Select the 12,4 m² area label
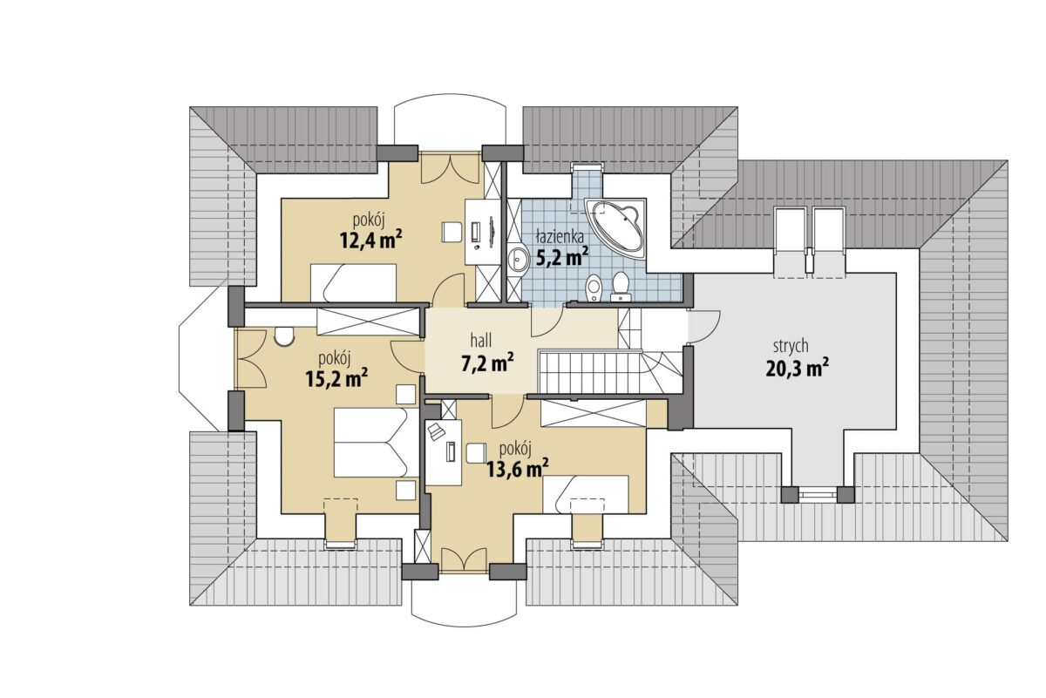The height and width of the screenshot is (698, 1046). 371,240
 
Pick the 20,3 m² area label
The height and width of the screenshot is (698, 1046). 798,369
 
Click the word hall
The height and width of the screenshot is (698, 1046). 481,341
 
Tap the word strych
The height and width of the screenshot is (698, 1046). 791,347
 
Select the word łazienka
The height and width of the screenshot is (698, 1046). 560,236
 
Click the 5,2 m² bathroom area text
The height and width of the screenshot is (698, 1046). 562,257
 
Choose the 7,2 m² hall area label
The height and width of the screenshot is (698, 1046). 488,363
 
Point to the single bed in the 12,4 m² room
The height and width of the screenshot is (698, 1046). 354,283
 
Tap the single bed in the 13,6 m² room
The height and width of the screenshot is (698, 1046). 586,494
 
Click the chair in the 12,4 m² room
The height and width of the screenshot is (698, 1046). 452,232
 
